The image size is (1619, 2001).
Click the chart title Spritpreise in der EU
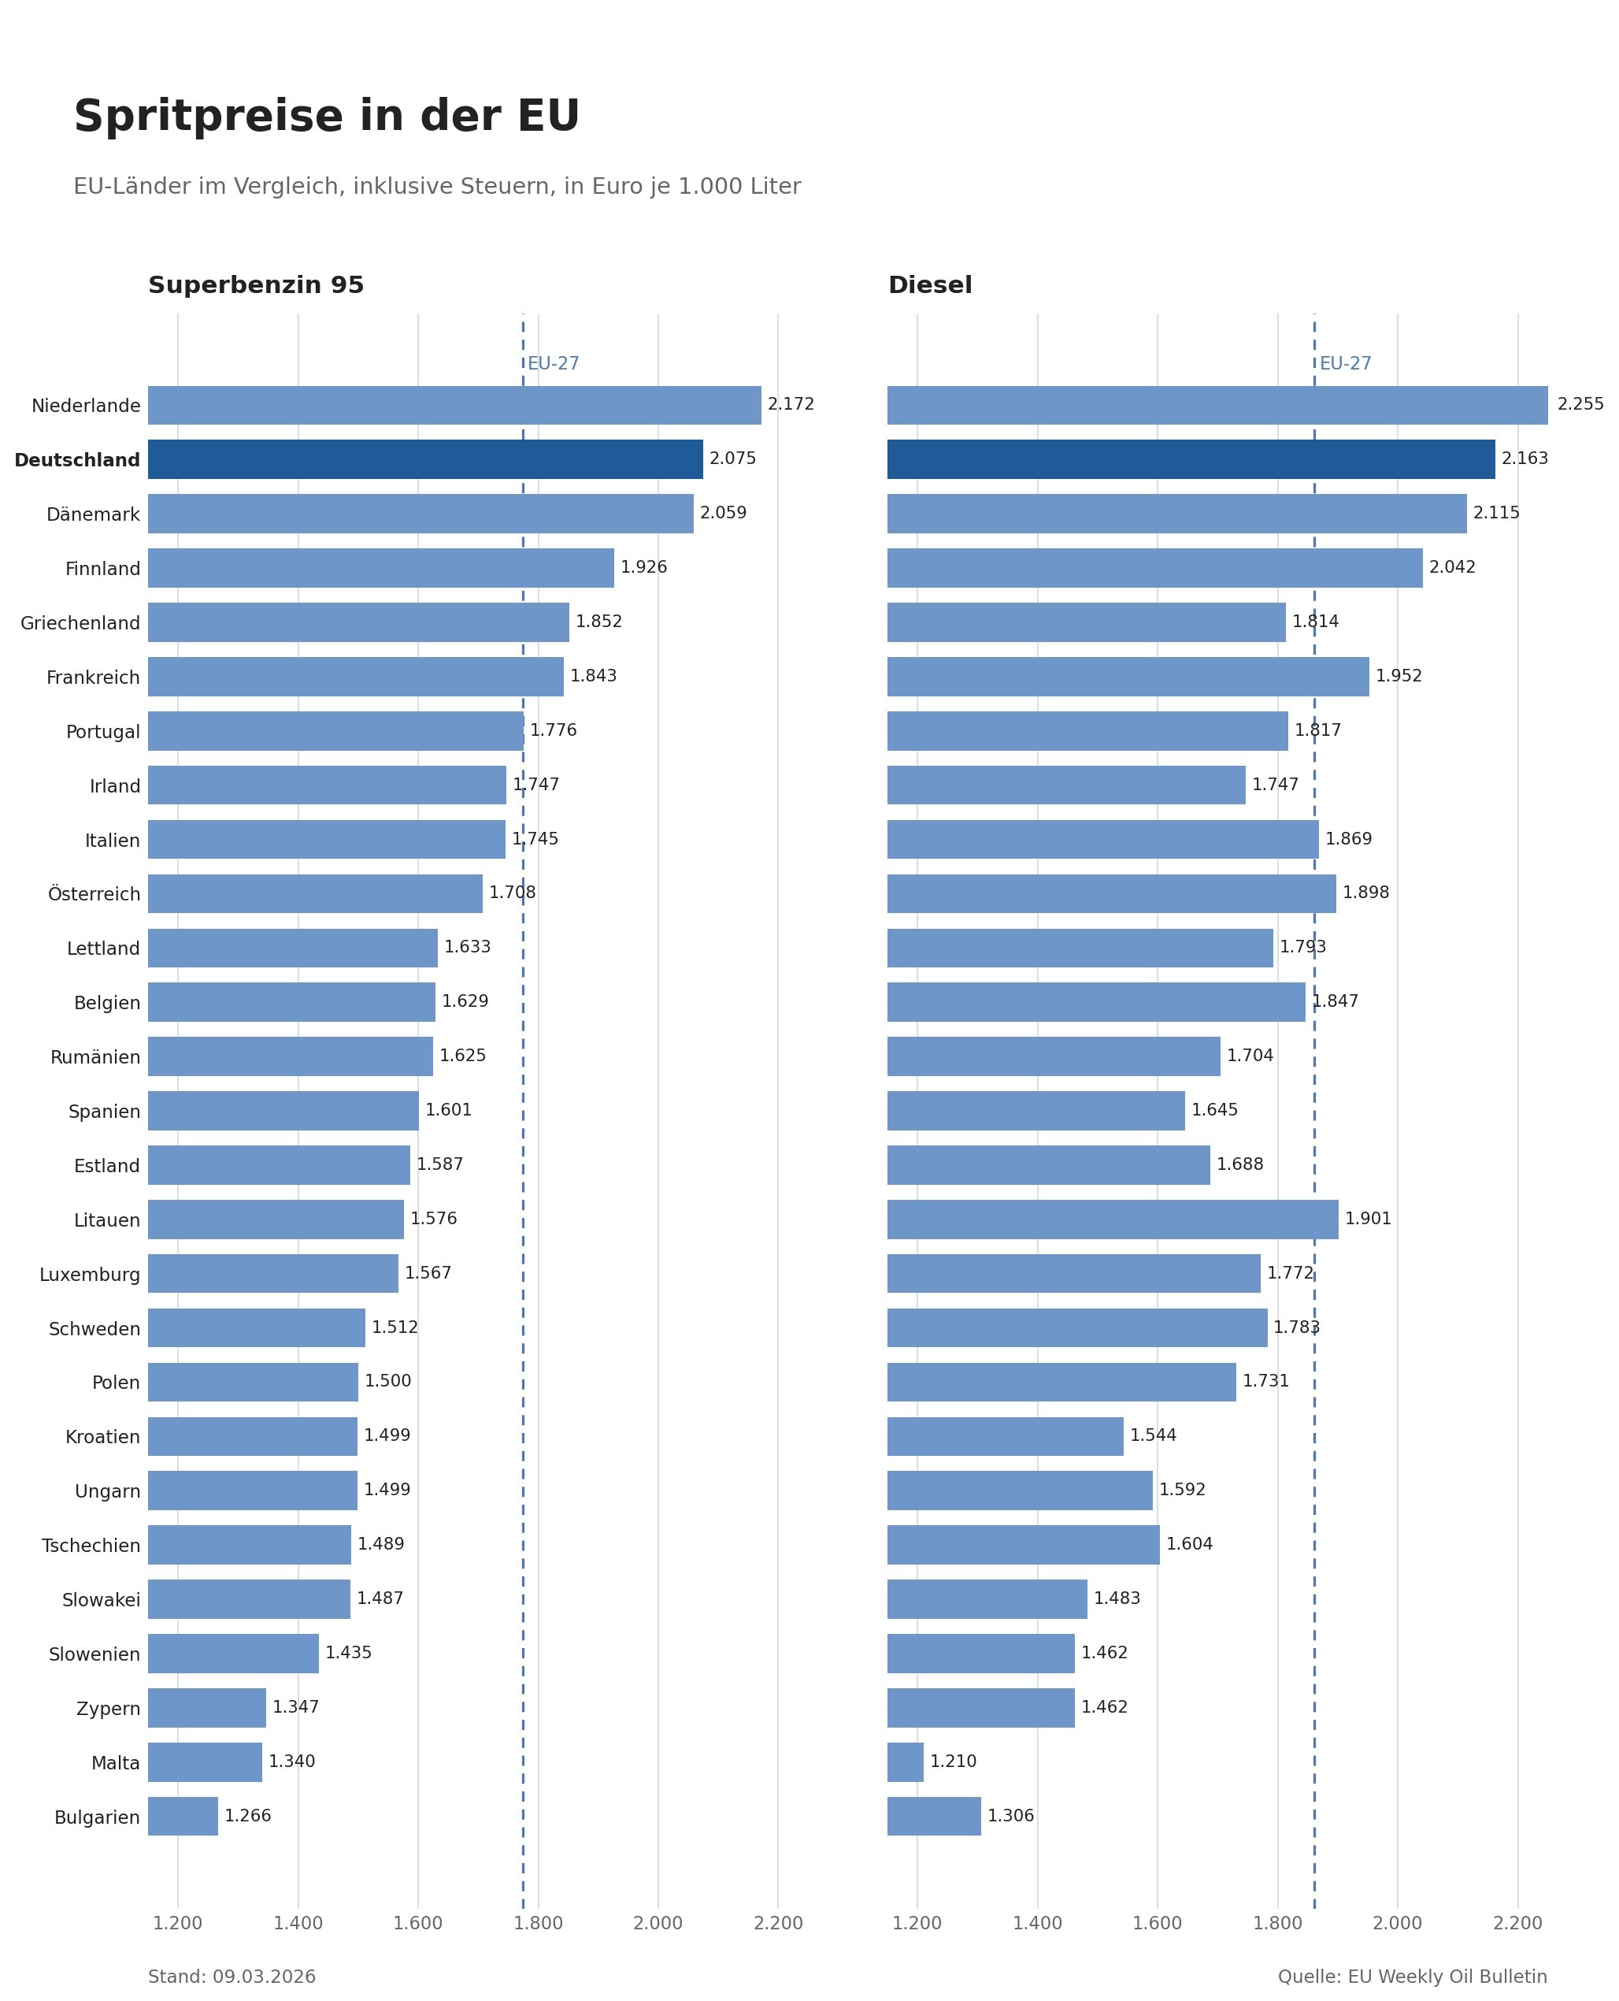click(x=327, y=117)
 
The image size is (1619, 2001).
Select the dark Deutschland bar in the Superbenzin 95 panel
click(x=425, y=459)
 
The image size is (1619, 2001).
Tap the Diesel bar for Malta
click(x=905, y=1762)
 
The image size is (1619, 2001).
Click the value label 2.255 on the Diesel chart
click(x=1580, y=404)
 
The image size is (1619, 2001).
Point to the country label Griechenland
click(x=80, y=623)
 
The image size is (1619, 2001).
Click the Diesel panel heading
click(x=929, y=285)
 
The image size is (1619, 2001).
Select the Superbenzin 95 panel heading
click(x=256, y=285)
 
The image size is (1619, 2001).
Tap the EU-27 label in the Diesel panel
click(x=1345, y=364)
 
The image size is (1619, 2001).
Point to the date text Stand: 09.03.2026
click(x=232, y=1977)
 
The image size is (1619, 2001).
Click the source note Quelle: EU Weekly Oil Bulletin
click(x=1412, y=1977)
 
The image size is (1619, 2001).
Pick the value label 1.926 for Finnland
click(x=643, y=567)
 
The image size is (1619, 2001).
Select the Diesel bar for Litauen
click(x=1112, y=1220)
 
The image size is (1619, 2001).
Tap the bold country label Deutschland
click(x=76, y=460)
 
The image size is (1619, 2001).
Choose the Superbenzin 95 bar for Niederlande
click(x=454, y=405)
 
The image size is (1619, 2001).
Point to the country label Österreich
click(x=94, y=893)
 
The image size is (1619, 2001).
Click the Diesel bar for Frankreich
click(x=1128, y=677)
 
